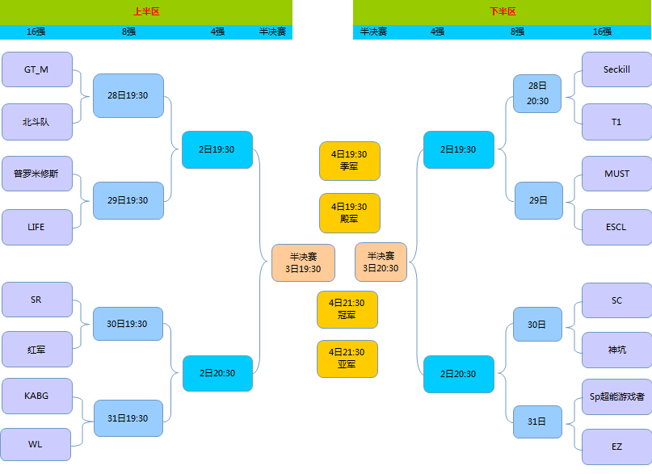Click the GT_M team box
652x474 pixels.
point(37,69)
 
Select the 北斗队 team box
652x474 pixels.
point(37,122)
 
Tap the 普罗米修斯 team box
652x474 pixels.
point(37,174)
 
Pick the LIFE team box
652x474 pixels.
point(37,227)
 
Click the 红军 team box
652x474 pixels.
point(37,350)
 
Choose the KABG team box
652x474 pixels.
point(37,396)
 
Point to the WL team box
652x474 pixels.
point(36,444)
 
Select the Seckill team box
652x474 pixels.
point(616,69)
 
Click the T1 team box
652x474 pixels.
point(616,122)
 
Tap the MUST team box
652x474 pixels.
point(616,174)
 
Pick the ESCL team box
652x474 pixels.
point(616,227)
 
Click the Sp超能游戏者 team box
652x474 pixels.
point(616,397)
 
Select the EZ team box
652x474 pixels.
point(616,446)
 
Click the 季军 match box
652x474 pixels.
point(349,161)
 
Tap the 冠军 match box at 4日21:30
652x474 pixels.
point(347,309)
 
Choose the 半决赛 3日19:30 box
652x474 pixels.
point(303,262)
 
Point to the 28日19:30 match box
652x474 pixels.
point(128,95)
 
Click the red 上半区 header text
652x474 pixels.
point(146,12)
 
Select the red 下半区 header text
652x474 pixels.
point(502,12)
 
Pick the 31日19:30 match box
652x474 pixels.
point(128,418)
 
